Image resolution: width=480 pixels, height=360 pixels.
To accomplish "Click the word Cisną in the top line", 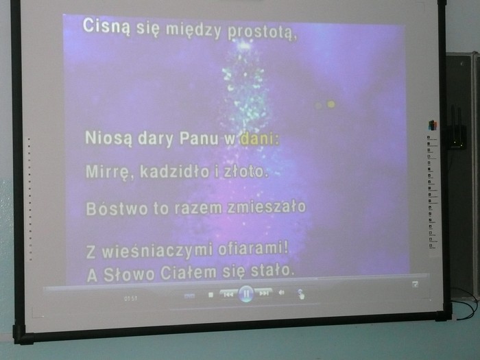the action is point(106,27).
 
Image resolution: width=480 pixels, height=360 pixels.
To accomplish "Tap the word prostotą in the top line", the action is point(263,33).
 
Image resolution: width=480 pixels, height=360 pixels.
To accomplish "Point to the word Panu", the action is point(199,139).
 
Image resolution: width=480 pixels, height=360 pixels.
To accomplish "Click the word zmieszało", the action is point(267,207).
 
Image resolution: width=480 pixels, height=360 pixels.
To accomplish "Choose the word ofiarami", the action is point(253,248).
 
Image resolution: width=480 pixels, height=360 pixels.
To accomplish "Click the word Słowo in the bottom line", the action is point(129,274).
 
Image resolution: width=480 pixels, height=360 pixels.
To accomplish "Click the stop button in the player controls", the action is point(211,295).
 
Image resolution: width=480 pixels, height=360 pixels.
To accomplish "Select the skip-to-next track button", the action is point(263,293).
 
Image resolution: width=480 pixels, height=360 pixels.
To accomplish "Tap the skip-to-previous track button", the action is point(228,294).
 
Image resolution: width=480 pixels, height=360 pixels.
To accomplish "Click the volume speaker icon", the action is point(281,293).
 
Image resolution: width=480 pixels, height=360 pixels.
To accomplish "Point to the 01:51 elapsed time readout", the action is point(131,298).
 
